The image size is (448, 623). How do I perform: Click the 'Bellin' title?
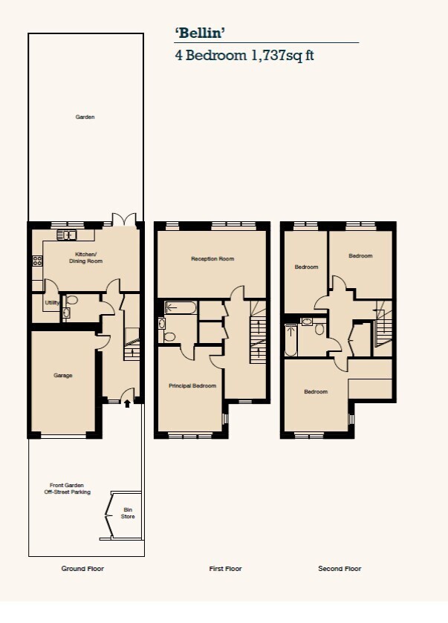[200, 33]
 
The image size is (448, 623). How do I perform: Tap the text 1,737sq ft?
[282, 55]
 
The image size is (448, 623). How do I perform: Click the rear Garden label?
[85, 117]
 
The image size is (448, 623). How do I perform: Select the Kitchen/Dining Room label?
[86, 258]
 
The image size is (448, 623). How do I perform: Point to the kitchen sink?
[66, 235]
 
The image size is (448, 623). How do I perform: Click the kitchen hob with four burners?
[38, 261]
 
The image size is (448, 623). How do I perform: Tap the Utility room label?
[52, 302]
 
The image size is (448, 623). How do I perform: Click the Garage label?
[63, 375]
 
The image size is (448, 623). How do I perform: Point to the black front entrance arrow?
[127, 404]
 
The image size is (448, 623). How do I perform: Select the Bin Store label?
[128, 513]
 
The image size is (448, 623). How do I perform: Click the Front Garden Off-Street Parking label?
[67, 489]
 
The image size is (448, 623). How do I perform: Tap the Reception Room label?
[212, 258]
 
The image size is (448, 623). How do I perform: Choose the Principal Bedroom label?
[192, 385]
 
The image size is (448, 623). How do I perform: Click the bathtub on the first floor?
[181, 308]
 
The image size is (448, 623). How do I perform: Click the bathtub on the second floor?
[291, 340]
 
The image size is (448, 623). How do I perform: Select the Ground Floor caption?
[82, 569]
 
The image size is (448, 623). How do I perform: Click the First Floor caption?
[225, 569]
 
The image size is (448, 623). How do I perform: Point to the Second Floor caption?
[340, 569]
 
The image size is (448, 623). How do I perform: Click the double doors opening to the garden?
[124, 221]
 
